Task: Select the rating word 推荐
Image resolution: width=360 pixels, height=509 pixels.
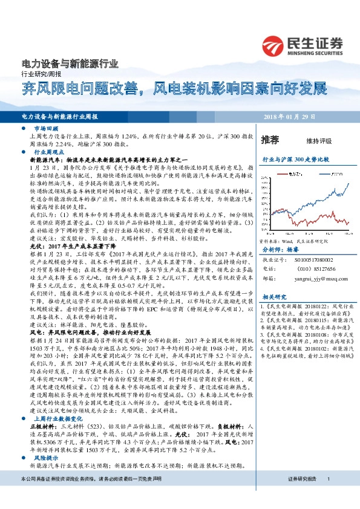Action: pyautogui.click(x=269, y=140)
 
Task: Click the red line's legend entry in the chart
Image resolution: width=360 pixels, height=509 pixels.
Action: pyautogui.click(x=287, y=171)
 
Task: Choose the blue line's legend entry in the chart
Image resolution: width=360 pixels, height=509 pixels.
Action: pyautogui.click(x=319, y=171)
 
